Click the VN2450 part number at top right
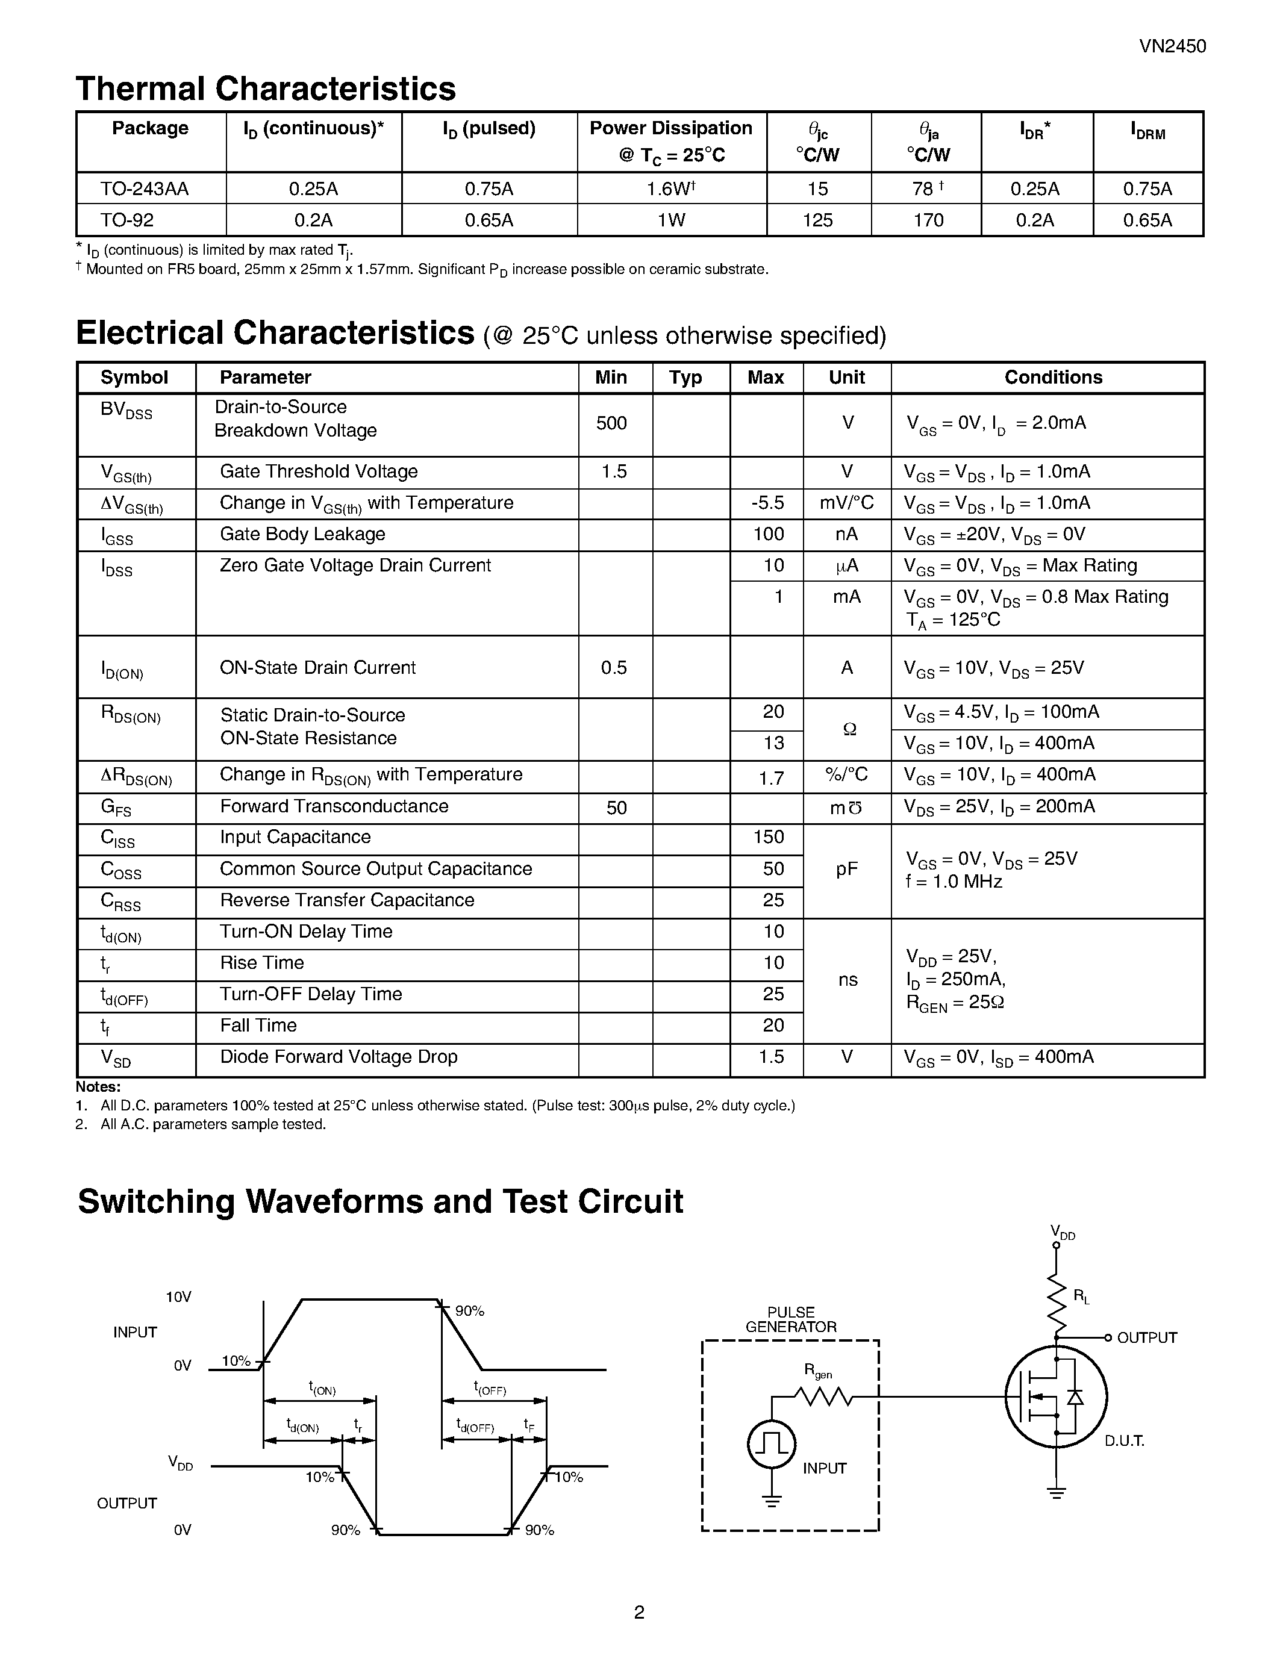tap(1172, 46)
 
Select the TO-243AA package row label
tap(144, 189)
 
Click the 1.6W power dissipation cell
tap(670, 189)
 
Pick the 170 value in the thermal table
tap(928, 220)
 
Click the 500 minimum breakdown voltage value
tap(611, 423)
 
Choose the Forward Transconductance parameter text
tap(334, 806)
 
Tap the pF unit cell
tap(846, 869)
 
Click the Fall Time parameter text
tap(258, 1025)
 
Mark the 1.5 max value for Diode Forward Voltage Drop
tap(770, 1057)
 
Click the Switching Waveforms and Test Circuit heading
tap(380, 1202)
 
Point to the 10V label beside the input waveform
tap(178, 1297)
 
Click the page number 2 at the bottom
tap(638, 1612)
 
